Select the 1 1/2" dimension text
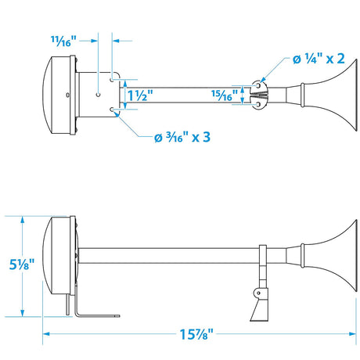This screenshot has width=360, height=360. (x=139, y=94)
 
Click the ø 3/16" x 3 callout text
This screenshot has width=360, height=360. (x=182, y=138)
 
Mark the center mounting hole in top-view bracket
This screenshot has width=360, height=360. (x=99, y=95)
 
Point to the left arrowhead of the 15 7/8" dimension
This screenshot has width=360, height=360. (x=45, y=333)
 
